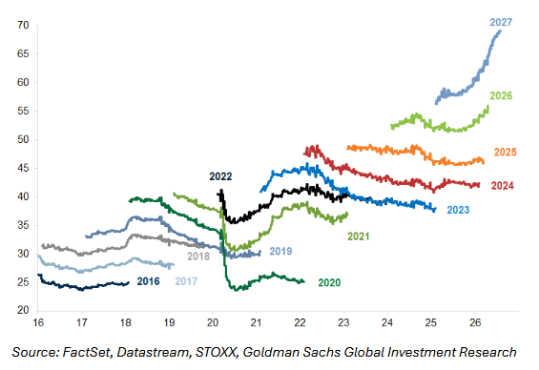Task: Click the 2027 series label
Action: point(501,22)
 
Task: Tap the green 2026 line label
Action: point(501,96)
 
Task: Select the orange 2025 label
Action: point(505,153)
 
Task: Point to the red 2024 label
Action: point(502,186)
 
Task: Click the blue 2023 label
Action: point(458,210)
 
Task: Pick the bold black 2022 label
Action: point(220,176)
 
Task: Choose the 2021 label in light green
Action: point(358,236)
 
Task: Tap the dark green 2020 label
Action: point(329,282)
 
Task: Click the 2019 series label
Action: point(280,252)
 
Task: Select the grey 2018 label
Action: point(198,257)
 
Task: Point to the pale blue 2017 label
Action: point(186,281)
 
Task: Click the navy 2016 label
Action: point(149,281)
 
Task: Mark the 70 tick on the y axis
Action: point(23,26)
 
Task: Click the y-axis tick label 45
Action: point(23,169)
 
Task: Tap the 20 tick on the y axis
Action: point(23,310)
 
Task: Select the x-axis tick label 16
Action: point(38,323)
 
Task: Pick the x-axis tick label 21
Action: point(256,323)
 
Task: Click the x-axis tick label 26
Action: point(475,323)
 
